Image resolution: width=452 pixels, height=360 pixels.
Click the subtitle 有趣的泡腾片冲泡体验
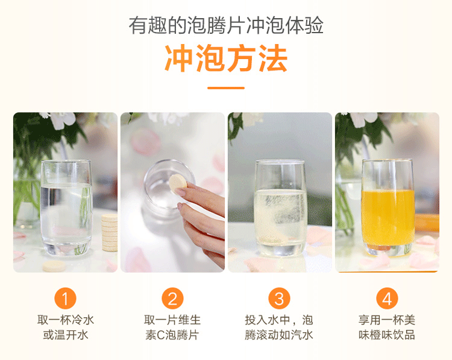pyautogui.click(x=226, y=26)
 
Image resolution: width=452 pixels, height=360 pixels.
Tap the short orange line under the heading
pyautogui.click(x=226, y=88)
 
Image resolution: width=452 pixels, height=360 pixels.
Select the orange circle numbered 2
pyautogui.click(x=172, y=298)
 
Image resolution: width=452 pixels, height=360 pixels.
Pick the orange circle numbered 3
pyautogui.click(x=279, y=298)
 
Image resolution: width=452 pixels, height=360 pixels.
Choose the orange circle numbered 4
pyautogui.click(x=386, y=298)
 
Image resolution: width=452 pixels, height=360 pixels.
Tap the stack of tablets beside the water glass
pyautogui.click(x=109, y=232)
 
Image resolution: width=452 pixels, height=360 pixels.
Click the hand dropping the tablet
pyautogui.click(x=202, y=211)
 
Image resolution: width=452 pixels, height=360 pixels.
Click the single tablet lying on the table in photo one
pyautogui.click(x=54, y=266)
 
